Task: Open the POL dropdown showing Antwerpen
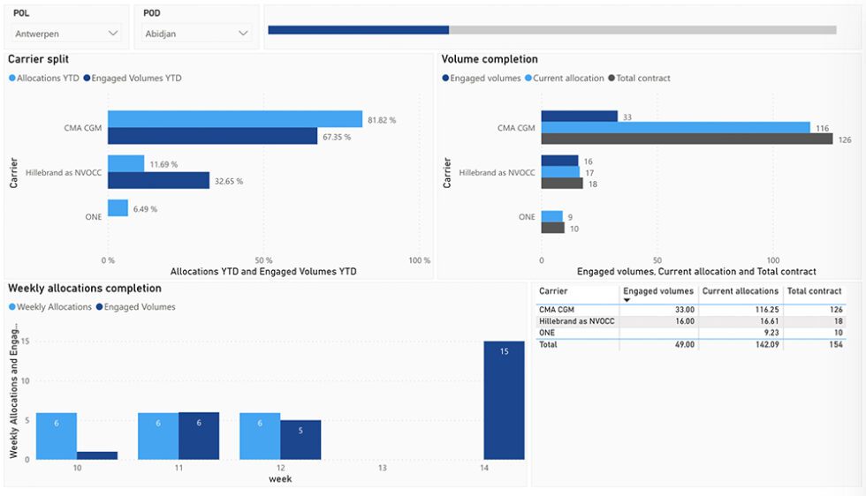67,34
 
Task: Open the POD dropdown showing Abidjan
197,34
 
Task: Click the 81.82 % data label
383,120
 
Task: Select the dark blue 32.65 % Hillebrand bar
158,180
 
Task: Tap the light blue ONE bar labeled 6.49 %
118,208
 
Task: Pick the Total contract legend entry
642,79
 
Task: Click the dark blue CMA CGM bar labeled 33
579,116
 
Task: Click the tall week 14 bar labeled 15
504,400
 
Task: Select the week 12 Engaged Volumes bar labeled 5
300,440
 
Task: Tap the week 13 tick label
383,468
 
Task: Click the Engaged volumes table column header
657,291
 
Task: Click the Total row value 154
835,344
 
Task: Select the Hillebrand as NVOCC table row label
576,321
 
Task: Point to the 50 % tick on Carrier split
264,261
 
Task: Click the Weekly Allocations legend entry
54,307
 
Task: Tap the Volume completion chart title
490,60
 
